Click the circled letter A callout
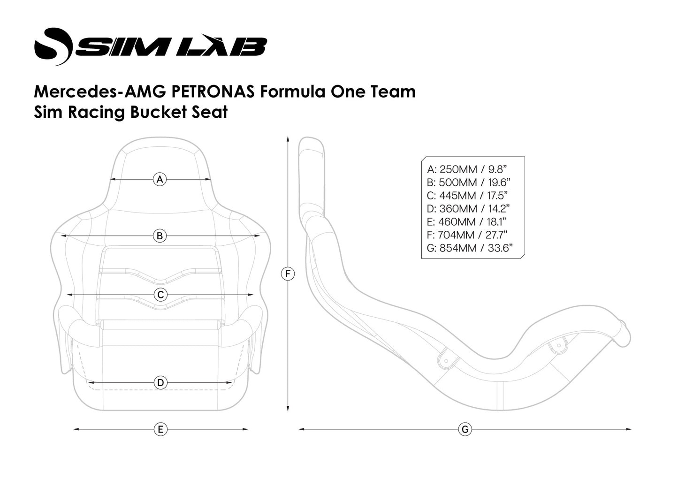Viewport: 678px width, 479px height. click(x=160, y=179)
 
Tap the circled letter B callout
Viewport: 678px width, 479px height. click(x=160, y=236)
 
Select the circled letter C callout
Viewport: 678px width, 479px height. click(x=160, y=295)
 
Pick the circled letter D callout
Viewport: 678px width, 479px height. click(x=160, y=383)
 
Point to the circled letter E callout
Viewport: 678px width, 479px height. click(x=160, y=429)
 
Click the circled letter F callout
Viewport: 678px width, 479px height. click(x=288, y=274)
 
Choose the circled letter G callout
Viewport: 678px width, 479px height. click(x=465, y=429)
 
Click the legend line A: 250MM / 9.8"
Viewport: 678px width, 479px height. click(x=467, y=169)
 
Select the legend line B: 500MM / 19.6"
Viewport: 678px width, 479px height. click(x=469, y=182)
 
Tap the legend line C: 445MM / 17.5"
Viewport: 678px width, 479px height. click(x=467, y=196)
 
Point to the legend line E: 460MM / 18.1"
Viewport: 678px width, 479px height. click(x=467, y=222)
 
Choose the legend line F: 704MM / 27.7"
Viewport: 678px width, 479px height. click(x=467, y=235)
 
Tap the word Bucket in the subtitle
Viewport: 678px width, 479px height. click(x=158, y=113)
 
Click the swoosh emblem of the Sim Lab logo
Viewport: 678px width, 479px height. click(x=53, y=46)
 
